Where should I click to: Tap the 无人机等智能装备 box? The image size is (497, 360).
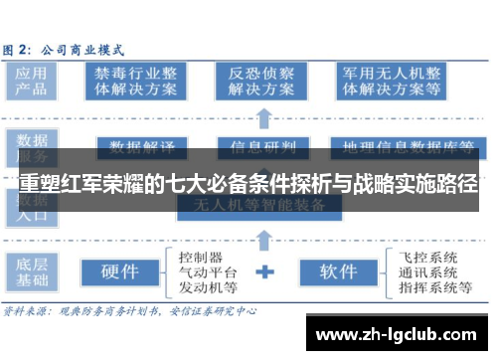tap(260, 207)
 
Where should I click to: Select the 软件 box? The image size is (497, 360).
tap(338, 270)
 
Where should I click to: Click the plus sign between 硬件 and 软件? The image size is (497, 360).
tap(265, 270)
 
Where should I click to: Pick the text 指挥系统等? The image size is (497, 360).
tap(434, 287)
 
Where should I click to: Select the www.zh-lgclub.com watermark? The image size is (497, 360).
tap(399, 334)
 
